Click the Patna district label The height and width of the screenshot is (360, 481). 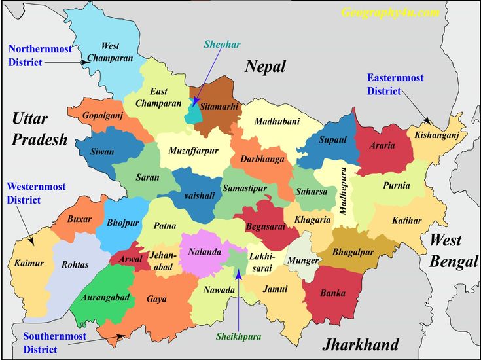(164, 226)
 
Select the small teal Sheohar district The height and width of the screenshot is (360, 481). (193, 112)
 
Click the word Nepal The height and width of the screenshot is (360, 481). (266, 66)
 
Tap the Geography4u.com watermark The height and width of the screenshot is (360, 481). (389, 12)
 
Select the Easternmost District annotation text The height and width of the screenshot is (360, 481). (395, 84)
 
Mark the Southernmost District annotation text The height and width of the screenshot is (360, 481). (54, 342)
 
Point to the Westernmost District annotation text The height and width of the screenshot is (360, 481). (36, 193)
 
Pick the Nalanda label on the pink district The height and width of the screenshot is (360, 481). (204, 252)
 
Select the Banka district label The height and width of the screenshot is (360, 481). (332, 293)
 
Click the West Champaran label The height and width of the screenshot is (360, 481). (110, 52)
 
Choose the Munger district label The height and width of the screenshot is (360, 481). (304, 260)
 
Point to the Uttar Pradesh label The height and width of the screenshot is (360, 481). (40, 128)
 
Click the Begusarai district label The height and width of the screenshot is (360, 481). (265, 226)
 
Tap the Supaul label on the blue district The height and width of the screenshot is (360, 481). (332, 139)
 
